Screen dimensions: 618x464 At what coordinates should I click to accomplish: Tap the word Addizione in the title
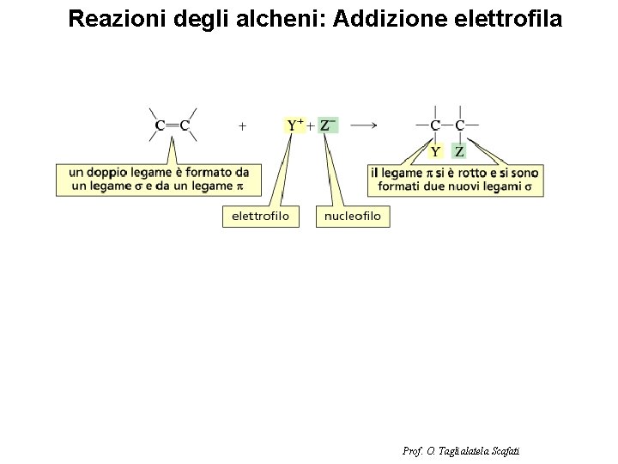(389, 19)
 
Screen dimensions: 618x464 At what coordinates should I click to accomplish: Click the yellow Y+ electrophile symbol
(294, 125)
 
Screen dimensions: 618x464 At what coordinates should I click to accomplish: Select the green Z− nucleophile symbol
(328, 125)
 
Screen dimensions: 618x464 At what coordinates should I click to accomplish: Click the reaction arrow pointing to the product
(365, 125)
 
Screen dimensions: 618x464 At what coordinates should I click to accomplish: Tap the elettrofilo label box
(261, 217)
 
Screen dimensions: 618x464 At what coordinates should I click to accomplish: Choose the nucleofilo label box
(353, 217)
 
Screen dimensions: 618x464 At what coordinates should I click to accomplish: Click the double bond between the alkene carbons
(173, 126)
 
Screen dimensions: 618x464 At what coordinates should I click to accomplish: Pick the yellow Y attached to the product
(435, 151)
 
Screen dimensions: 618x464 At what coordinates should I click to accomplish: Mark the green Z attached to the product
(459, 151)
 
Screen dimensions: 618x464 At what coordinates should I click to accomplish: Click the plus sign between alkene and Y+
(243, 125)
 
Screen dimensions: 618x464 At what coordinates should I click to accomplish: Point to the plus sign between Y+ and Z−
(311, 125)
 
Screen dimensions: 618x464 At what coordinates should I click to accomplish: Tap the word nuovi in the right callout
(459, 186)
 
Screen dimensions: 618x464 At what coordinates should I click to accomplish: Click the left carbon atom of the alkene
(161, 126)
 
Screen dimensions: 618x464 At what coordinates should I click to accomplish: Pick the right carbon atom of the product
(460, 126)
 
